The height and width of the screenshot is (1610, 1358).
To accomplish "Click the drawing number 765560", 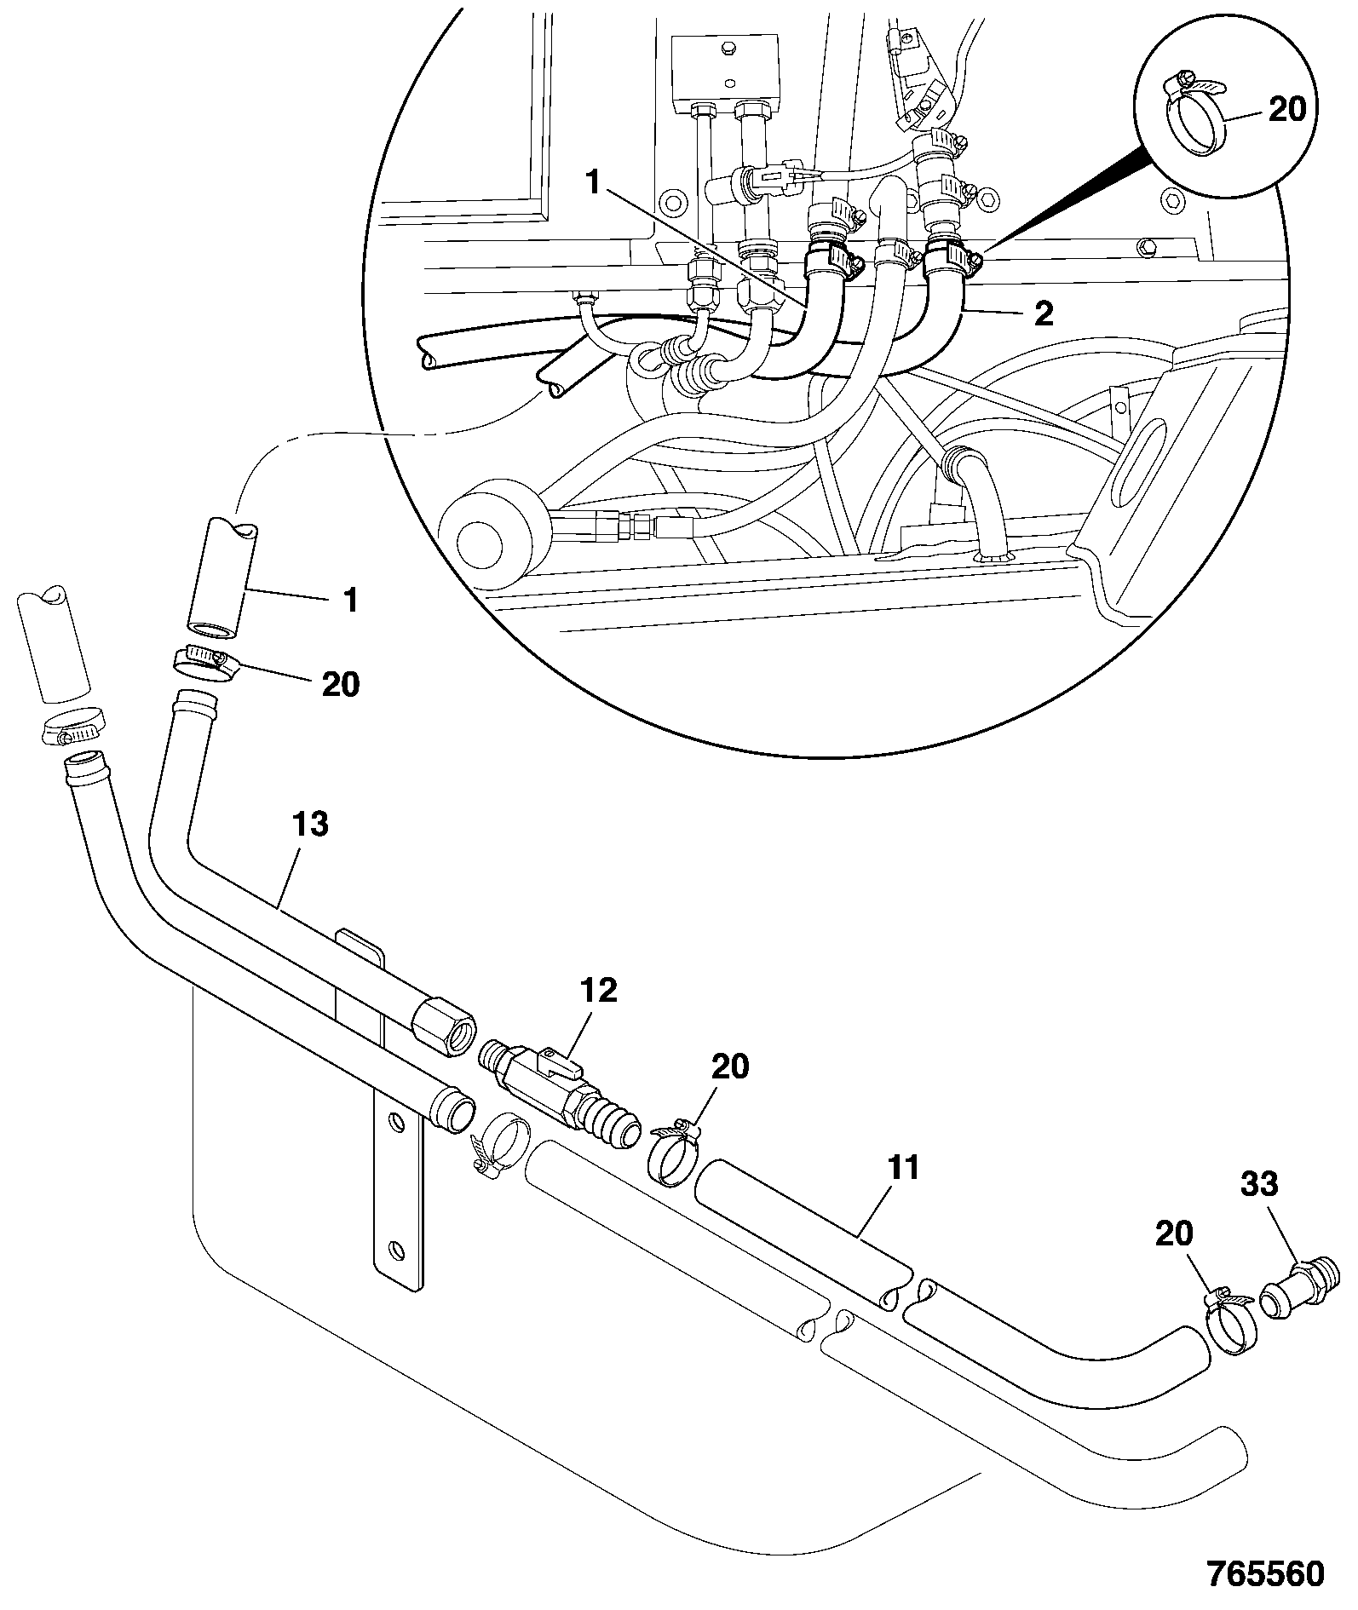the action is click(x=1265, y=1573).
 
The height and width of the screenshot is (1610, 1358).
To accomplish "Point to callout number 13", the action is click(x=310, y=825).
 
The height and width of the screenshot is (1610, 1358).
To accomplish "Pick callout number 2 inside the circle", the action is click(x=1044, y=314).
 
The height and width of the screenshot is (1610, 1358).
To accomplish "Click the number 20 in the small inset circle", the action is click(x=1287, y=111).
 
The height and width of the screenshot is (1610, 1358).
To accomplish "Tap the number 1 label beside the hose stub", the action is click(x=349, y=600).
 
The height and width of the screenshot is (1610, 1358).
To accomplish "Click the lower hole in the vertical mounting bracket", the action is click(x=395, y=1251).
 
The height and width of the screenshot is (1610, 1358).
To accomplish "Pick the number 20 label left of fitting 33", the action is click(x=1174, y=1233).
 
